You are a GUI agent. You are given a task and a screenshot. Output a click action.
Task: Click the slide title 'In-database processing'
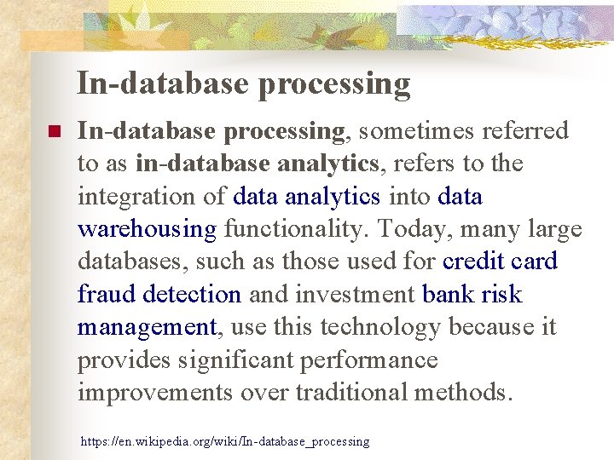click(x=244, y=83)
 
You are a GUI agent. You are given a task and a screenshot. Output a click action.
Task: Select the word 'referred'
click(x=526, y=130)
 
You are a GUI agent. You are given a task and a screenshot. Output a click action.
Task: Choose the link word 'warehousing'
click(x=148, y=229)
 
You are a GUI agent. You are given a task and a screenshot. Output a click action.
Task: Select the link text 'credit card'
click(x=500, y=262)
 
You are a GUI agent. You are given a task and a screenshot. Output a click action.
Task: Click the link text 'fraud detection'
click(x=159, y=295)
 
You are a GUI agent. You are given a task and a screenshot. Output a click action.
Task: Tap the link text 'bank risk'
click(x=472, y=295)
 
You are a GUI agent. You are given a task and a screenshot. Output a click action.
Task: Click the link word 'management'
click(x=148, y=327)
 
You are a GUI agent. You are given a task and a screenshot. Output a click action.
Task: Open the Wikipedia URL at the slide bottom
click(x=225, y=441)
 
